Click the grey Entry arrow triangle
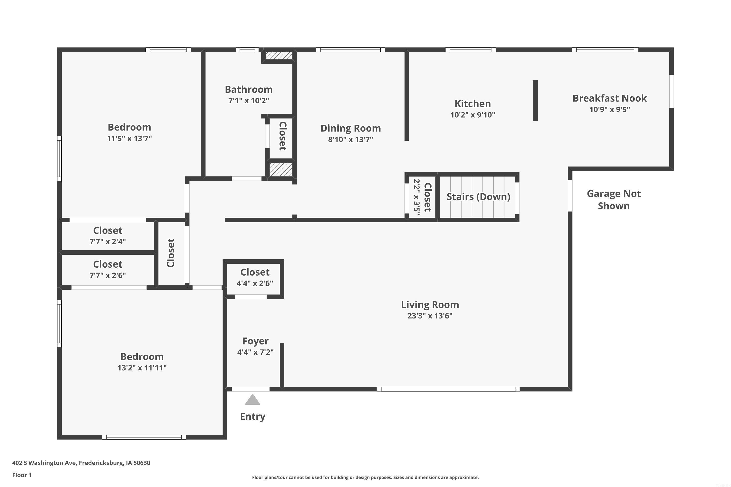pyautogui.click(x=252, y=400)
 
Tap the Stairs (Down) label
pyautogui.click(x=478, y=197)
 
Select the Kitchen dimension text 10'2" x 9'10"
pyautogui.click(x=472, y=115)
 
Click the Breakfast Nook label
pyautogui.click(x=609, y=98)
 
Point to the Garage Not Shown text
pyautogui.click(x=614, y=200)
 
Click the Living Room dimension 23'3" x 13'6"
pyautogui.click(x=430, y=316)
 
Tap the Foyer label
pyautogui.click(x=255, y=341)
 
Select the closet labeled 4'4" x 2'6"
pyautogui.click(x=255, y=278)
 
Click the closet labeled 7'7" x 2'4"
pyautogui.click(x=107, y=236)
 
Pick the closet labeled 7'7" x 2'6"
pyautogui.click(x=107, y=270)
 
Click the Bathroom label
pyautogui.click(x=249, y=89)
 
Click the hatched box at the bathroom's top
pyautogui.click(x=279, y=56)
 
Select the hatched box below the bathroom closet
pyautogui.click(x=281, y=169)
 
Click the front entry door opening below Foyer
pyautogui.click(x=250, y=389)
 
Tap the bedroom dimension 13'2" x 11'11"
pyautogui.click(x=142, y=368)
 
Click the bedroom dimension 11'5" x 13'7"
pyautogui.click(x=129, y=139)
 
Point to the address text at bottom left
pyautogui.click(x=81, y=463)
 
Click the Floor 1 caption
pyautogui.click(x=22, y=475)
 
